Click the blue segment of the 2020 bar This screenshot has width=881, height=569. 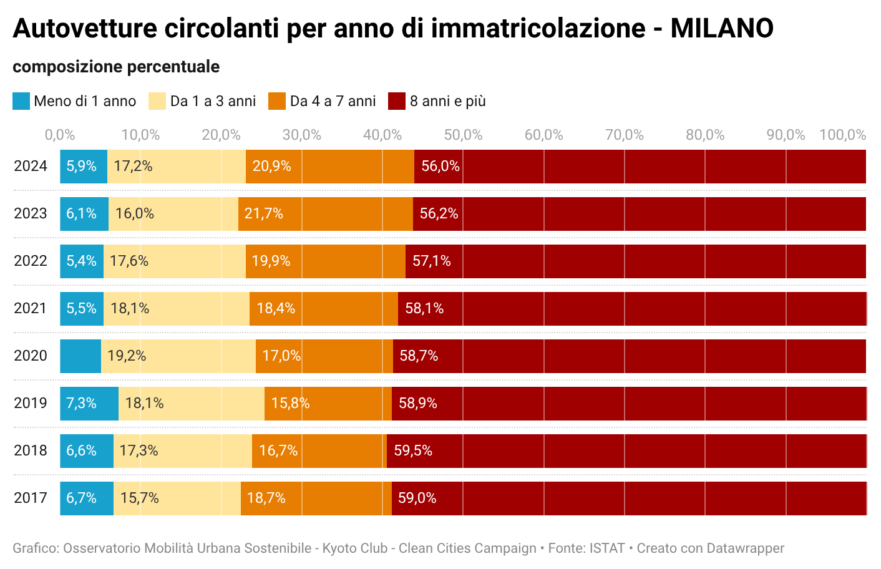pos(80,356)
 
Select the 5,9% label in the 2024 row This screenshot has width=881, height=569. pos(81,167)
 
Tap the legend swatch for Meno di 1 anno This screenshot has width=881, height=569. pos(21,101)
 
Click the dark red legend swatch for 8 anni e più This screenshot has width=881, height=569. pos(397,101)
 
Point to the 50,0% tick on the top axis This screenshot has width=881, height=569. pos(463,135)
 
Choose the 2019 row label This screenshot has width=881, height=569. pos(31,403)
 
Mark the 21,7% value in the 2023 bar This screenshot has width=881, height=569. pos(264,214)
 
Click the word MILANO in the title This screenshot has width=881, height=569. pos(722,29)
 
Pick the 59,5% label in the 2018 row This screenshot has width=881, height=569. pos(413,450)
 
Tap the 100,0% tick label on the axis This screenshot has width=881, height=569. pos(843,135)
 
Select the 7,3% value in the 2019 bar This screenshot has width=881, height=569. pos(81,403)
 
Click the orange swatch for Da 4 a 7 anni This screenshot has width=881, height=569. pos(277,101)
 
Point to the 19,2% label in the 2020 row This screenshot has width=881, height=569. pos(127,356)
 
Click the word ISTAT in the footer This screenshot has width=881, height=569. pos(606,548)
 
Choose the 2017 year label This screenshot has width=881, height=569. pos(31,498)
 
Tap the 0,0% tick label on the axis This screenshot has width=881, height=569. pos(60,135)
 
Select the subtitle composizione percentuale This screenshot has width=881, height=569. pos(116,67)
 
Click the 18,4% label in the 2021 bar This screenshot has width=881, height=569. pos(276,308)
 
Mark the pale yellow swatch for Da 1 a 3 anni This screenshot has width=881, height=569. pos(157,101)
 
